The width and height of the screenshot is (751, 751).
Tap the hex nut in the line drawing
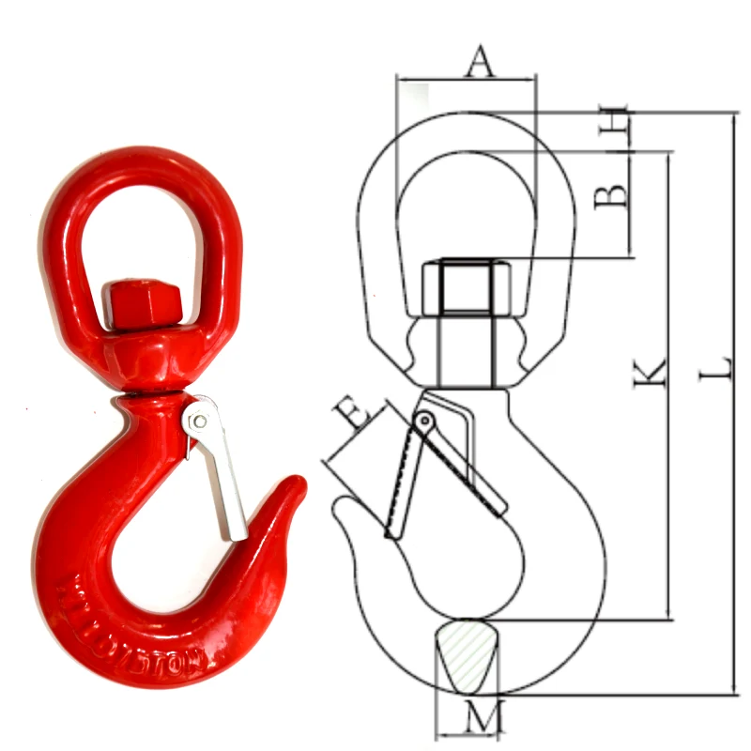[467, 287]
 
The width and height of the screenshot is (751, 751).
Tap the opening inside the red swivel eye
[141, 235]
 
